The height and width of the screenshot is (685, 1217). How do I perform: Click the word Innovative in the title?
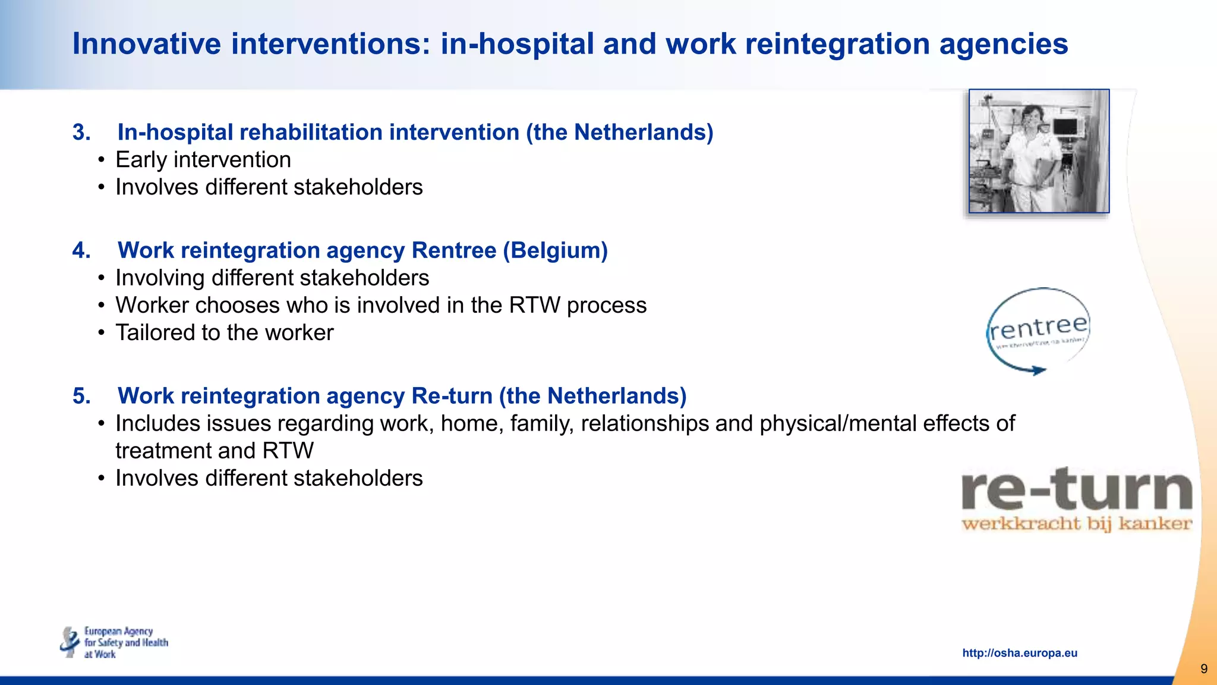tap(147, 44)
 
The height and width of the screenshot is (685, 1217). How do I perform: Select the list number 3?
tap(81, 132)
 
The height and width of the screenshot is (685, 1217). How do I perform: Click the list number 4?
tap(81, 250)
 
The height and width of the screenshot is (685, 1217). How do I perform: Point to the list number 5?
tap(81, 396)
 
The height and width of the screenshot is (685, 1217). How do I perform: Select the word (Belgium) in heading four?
tap(555, 250)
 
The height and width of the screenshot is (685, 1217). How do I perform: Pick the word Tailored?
tap(159, 332)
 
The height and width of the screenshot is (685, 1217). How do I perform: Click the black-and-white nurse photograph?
tap(1038, 151)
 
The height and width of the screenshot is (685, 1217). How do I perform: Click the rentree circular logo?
tap(1038, 331)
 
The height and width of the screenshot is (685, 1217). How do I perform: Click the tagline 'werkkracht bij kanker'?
tap(1076, 524)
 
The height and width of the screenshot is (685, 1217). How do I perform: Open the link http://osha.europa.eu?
tap(1019, 653)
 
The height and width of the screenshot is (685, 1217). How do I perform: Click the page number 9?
tap(1203, 669)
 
